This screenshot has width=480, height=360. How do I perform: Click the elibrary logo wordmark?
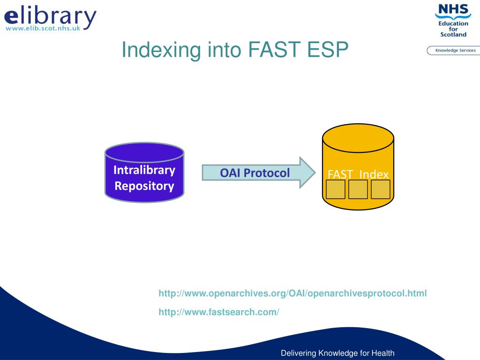(x=50, y=16)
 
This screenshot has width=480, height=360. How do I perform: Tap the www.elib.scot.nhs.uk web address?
(x=43, y=28)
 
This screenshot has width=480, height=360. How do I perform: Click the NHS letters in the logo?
(x=453, y=9)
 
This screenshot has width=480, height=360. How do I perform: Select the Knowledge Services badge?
(x=454, y=51)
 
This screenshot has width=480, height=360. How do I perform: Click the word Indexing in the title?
(x=161, y=50)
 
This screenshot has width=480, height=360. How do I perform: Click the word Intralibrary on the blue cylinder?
(x=144, y=170)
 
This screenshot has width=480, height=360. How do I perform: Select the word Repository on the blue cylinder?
(x=144, y=186)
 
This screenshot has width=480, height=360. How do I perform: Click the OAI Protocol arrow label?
(x=255, y=173)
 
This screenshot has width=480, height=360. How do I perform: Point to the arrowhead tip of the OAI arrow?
(x=315, y=172)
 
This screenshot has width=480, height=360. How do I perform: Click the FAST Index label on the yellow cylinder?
(x=358, y=174)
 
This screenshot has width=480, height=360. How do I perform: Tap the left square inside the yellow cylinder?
(x=336, y=189)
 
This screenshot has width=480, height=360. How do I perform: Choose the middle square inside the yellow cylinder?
(x=358, y=189)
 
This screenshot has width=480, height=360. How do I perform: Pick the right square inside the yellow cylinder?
(x=381, y=189)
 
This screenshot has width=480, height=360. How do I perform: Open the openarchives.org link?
(x=292, y=293)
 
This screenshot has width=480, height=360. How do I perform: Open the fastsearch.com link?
(x=219, y=312)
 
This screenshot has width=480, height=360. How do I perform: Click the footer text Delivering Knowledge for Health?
(x=337, y=353)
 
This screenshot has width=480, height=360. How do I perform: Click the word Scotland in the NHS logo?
(x=453, y=35)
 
